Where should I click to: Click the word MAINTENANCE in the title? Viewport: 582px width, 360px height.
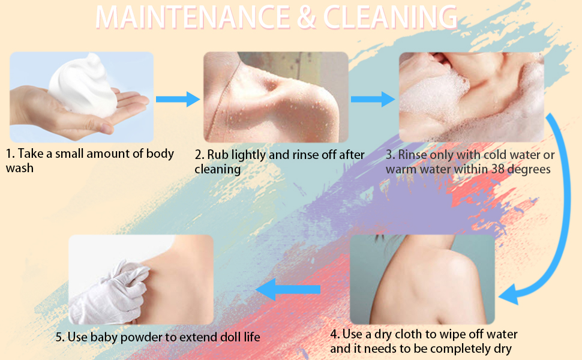[x=193, y=17]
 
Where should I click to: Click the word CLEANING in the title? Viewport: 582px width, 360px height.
[x=390, y=17]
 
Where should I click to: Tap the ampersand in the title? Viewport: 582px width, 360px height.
[x=307, y=18]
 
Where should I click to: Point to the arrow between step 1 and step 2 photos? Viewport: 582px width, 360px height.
[x=178, y=99]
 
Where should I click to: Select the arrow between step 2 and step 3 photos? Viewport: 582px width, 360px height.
[x=373, y=99]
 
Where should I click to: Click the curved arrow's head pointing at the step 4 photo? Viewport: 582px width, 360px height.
[x=509, y=295]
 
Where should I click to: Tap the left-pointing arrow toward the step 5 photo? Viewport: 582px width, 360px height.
[x=288, y=289]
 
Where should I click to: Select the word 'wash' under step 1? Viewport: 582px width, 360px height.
[x=20, y=168]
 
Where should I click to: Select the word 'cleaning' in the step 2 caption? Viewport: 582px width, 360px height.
[x=218, y=170]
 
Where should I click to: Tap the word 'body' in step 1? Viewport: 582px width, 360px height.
[x=160, y=154]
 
